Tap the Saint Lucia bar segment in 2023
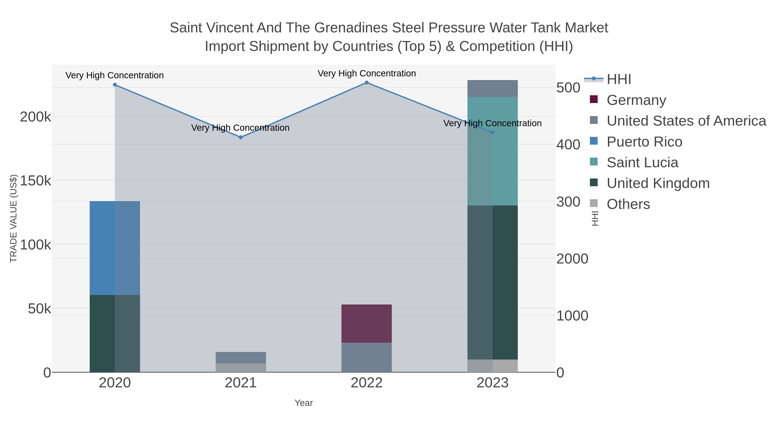coord(492,151)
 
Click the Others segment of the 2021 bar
coord(241,368)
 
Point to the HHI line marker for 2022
coord(366,83)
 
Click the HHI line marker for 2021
coord(241,137)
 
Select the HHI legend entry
coord(618,79)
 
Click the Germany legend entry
coord(636,100)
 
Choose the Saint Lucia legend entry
coord(642,162)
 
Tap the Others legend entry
coord(628,204)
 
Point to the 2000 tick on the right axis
coord(572,259)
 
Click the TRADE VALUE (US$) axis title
coord(14,218)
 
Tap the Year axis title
coord(304,403)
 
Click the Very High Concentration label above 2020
coord(115,75)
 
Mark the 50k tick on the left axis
coord(39,309)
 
